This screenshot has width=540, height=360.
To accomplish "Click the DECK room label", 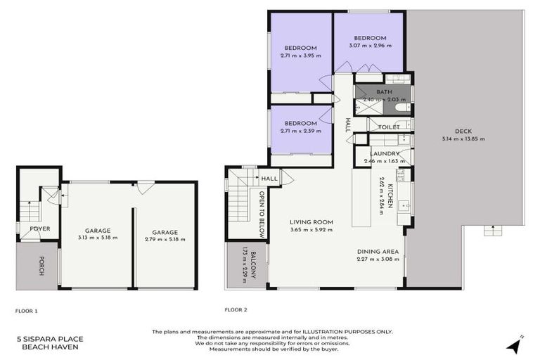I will pos(463,131).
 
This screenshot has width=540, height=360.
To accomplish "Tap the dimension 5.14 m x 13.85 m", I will pos(463,139).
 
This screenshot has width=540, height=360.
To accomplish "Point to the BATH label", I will pos(384,92).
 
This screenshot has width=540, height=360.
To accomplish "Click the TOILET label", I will pos(389,127).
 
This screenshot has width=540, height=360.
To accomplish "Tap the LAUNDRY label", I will pos(385,153).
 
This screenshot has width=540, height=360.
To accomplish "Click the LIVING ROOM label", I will pos(311,222).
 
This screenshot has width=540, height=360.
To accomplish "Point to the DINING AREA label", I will pos(378,251).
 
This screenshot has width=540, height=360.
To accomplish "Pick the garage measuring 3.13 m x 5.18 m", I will pos(97,234).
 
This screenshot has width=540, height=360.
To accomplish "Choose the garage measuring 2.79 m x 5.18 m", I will pos(165,235).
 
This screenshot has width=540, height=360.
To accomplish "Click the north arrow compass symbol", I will pos(515,345).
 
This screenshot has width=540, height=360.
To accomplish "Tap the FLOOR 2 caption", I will pos(236,309).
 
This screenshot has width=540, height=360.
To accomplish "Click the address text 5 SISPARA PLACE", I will pos(48,338).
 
